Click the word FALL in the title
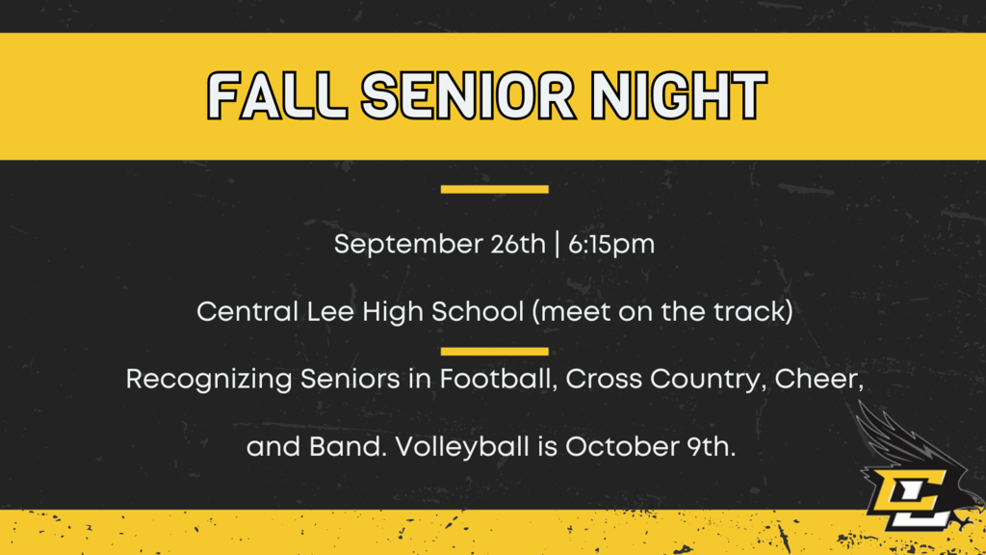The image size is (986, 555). coord(277,95)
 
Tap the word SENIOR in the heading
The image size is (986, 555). coord(469,95)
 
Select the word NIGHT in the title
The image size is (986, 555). coord(679,95)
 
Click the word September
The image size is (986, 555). coord(407,245)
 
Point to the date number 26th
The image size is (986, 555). coord(518,244)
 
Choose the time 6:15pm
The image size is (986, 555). coord(611,245)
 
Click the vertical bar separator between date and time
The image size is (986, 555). coord(558,244)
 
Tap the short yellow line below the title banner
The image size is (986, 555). coord(494,189)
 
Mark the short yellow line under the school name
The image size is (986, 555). coord(494,351)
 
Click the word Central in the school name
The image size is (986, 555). coord(247,311)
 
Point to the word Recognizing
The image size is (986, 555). coord(208,380)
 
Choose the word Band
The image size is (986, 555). coord(348,447)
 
